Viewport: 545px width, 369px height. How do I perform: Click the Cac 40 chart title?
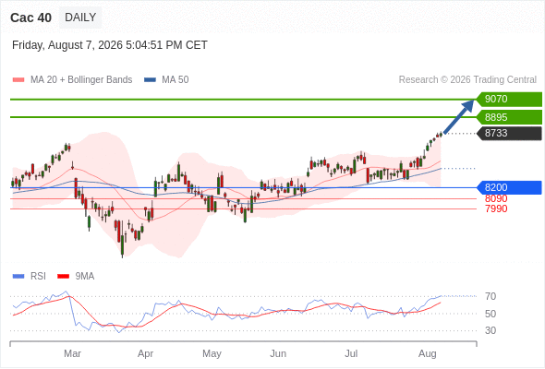tap(30, 18)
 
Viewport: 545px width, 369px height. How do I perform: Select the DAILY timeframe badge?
tap(80, 18)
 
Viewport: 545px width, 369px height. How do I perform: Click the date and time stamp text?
tap(110, 45)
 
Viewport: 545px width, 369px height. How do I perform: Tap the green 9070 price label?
tap(509, 100)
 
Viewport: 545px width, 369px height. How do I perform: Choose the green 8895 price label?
tap(509, 117)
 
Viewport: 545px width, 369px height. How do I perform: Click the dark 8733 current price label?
tap(509, 133)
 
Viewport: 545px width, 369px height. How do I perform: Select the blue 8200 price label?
tap(509, 187)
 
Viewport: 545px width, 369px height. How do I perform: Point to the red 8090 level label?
tap(496, 198)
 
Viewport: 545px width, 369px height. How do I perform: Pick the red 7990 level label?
tap(496, 208)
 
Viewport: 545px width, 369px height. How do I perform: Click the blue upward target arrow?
tap(459, 116)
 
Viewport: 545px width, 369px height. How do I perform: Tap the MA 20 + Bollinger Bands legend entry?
tap(72, 80)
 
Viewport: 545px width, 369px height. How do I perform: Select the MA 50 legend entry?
tap(166, 80)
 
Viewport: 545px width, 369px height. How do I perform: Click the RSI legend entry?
tap(30, 277)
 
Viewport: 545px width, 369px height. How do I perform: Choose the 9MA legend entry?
tap(76, 277)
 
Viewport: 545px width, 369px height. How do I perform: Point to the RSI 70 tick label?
tap(490, 296)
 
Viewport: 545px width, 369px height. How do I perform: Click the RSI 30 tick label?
tap(490, 330)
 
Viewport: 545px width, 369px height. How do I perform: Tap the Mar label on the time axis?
tap(72, 353)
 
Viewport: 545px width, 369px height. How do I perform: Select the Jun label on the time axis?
tap(278, 353)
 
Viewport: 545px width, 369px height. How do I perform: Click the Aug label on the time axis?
tap(427, 353)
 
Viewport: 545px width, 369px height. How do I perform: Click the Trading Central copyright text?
tap(467, 80)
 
